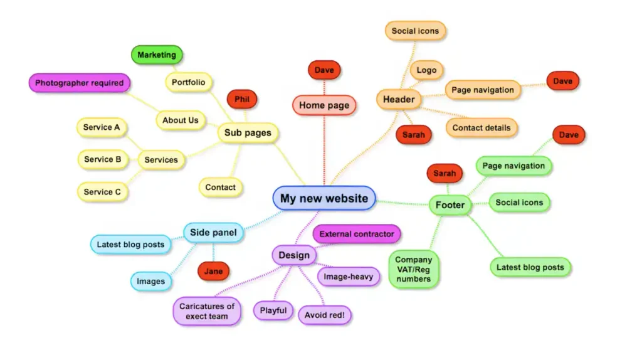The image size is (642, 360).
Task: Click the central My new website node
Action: tap(324, 198)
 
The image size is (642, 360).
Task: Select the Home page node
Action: tap(324, 105)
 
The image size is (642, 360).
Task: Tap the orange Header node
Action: tap(399, 99)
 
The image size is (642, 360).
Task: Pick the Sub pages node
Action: tap(248, 133)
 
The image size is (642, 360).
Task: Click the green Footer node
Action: tap(450, 205)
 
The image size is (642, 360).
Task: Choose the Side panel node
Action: tap(213, 233)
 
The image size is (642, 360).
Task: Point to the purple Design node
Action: tap(294, 255)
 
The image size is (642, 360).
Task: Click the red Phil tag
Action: tap(242, 99)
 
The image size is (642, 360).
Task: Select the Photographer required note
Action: tap(79, 83)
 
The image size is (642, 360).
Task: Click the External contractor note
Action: tap(357, 234)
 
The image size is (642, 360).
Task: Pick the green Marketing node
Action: tap(157, 55)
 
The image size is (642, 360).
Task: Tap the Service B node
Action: tap(103, 159)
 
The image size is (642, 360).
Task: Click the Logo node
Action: tap(426, 70)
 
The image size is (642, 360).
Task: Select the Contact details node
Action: tap(481, 128)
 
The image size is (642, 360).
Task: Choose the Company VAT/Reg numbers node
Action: tap(413, 269)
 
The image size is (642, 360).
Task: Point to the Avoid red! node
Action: tap(325, 315)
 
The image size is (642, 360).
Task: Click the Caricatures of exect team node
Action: tap(207, 311)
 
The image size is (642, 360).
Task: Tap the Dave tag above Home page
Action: tap(324, 70)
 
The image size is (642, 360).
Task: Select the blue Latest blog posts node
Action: tap(130, 245)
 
